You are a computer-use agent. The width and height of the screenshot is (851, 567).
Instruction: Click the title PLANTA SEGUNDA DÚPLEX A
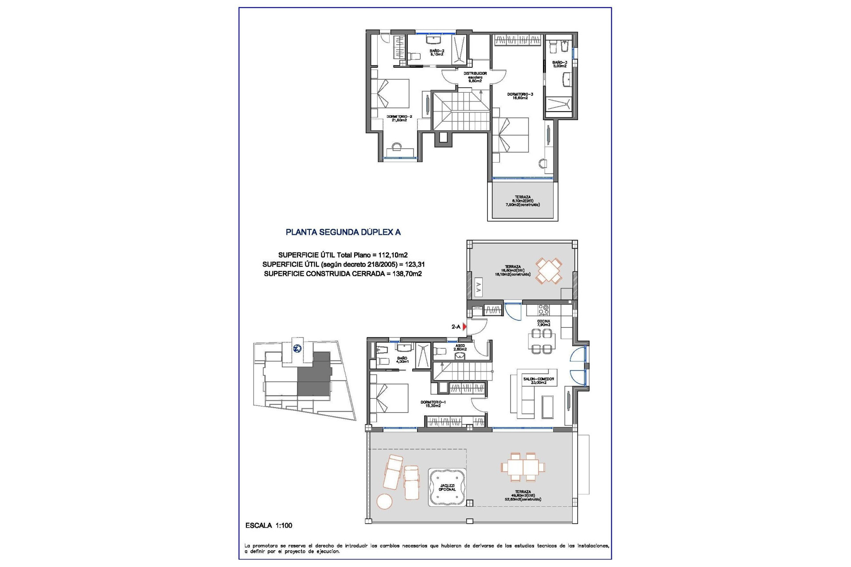coord(343,232)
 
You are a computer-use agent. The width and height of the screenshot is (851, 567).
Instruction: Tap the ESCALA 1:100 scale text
coord(269,525)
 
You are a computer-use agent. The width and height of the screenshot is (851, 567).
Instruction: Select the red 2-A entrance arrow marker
coord(465,327)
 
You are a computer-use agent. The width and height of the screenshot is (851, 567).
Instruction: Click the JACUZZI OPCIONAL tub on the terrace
coord(447,488)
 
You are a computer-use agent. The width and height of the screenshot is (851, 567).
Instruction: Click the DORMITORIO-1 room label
coord(430,404)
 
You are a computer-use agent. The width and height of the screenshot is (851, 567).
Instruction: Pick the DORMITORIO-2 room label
coord(399,118)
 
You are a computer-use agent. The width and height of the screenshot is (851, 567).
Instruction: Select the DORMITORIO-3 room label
coord(520,96)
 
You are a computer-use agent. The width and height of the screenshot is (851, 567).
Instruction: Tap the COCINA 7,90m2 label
coord(543,323)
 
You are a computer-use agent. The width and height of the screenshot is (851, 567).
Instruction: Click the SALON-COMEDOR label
coord(538,381)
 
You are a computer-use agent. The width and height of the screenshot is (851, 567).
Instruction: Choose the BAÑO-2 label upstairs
coord(437,52)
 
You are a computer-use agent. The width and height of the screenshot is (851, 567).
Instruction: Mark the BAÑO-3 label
coord(559,64)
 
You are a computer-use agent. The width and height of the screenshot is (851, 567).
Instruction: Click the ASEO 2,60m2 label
coord(460,347)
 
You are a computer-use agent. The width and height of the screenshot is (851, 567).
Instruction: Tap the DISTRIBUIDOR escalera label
coord(475,77)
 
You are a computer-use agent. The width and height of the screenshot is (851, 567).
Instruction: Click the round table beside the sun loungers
coord(384,501)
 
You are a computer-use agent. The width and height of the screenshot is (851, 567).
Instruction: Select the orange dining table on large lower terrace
coord(523,467)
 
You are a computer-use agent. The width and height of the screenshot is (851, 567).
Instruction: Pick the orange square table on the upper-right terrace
coord(549,271)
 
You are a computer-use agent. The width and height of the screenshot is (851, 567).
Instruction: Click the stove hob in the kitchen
coord(544,309)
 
